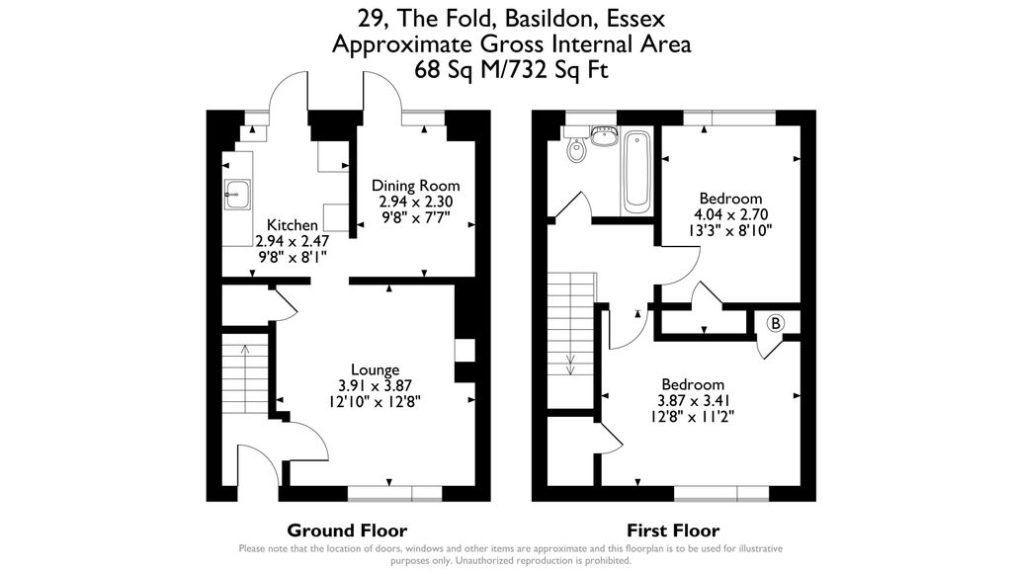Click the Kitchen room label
tap(292, 226)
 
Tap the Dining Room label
tap(415, 186)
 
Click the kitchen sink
tap(237, 195)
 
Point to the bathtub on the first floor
tap(635, 172)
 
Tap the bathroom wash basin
tap(602, 132)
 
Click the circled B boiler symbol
tap(776, 323)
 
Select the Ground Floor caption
tap(346, 530)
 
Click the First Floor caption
tap(673, 530)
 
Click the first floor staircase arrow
tap(571, 363)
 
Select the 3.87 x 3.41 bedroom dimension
tap(693, 401)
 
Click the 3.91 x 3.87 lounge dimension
tap(375, 387)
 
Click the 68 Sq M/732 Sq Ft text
tap(511, 70)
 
